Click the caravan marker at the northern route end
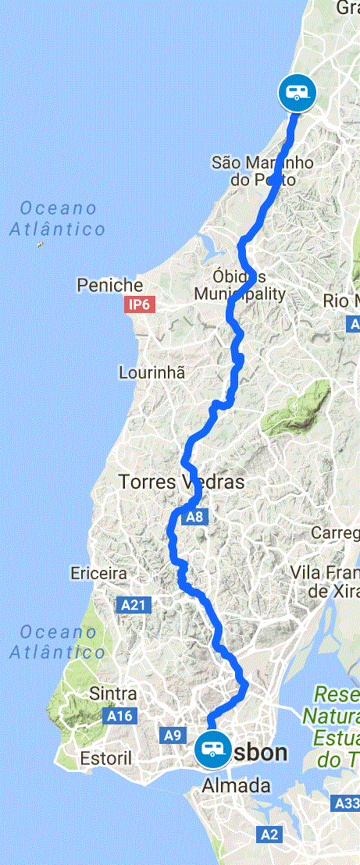pos(297,93)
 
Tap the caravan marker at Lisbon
pos(211,750)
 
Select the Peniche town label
pos(110,286)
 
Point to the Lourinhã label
pos(152,372)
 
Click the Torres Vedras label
pos(181,482)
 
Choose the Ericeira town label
pos(98,573)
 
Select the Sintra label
pos(114,693)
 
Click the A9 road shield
pos(173,735)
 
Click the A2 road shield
pos(269,835)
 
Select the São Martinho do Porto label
pos(262,171)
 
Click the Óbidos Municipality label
pos(240,286)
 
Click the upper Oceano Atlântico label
pos(58,219)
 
